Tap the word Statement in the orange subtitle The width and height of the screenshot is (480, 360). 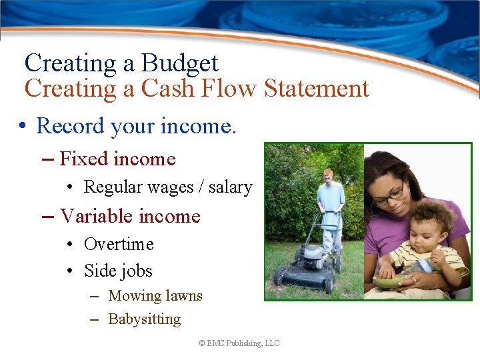[317, 89]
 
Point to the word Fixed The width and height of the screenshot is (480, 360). [83, 159]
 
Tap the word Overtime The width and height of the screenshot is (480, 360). [119, 245]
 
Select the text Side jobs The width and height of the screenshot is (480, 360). [118, 271]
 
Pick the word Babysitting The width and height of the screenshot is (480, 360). [144, 319]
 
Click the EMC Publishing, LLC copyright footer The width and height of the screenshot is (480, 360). [239, 343]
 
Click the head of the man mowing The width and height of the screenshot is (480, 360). [327, 175]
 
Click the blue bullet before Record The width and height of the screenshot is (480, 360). [23, 126]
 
